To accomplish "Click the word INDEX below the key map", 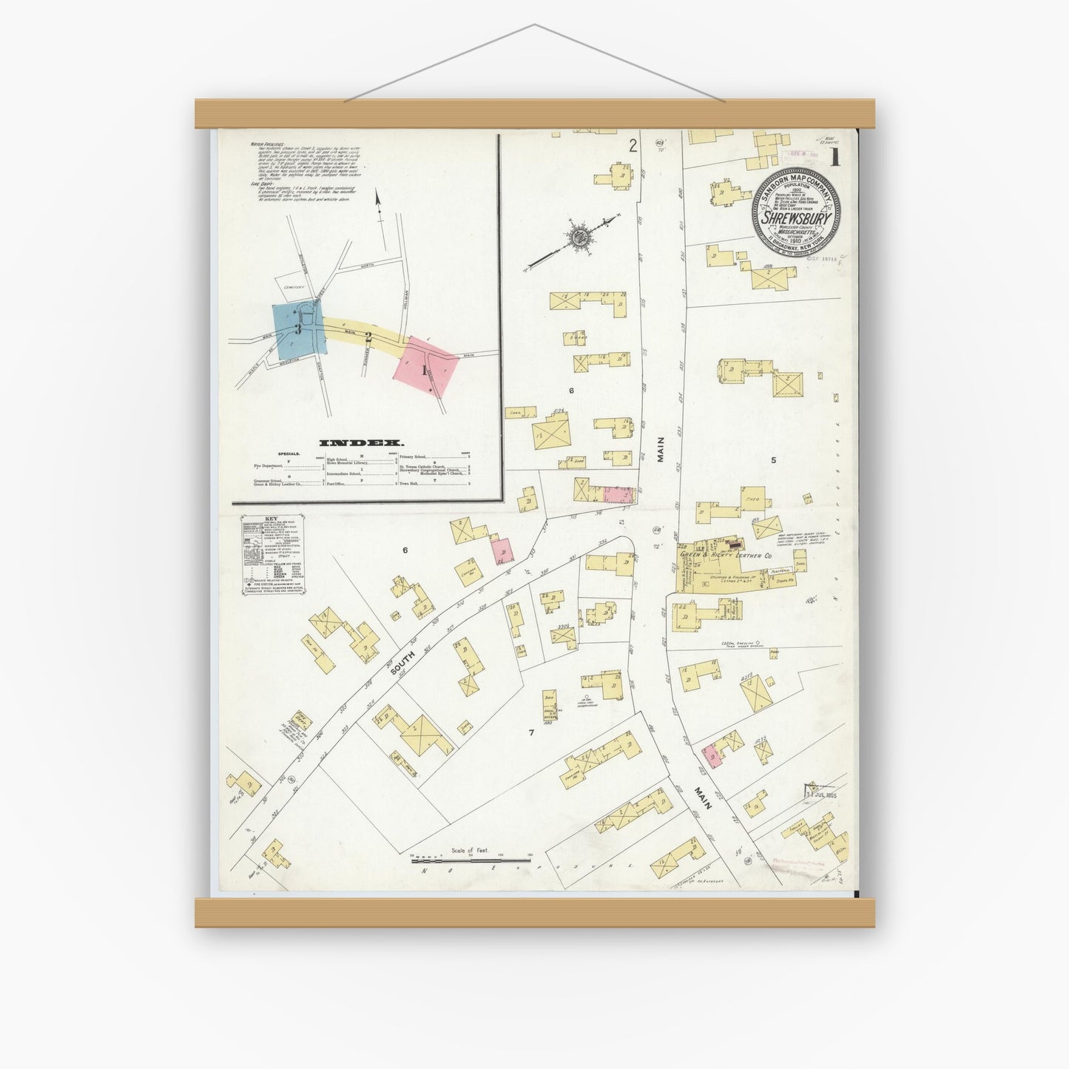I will [348, 443].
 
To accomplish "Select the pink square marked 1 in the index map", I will [425, 367].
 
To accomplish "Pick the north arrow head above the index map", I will [377, 198].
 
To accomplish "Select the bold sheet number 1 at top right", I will [834, 157].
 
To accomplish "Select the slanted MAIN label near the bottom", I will [701, 797].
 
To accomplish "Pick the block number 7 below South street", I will [530, 732].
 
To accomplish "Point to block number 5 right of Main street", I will [774, 460].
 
